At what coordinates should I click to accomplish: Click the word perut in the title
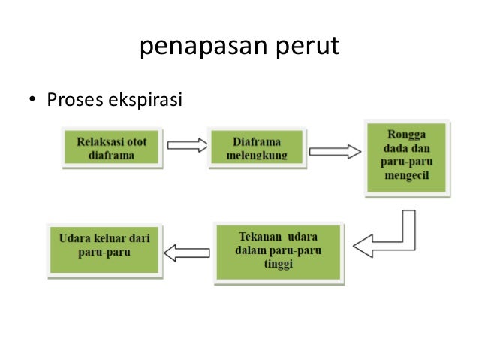click(x=307, y=47)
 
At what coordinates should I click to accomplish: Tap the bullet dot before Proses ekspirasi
click(x=32, y=99)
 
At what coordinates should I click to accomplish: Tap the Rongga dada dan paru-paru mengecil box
click(x=408, y=158)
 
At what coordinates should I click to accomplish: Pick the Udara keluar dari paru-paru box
click(x=104, y=246)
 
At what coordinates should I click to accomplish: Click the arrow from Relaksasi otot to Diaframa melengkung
click(x=186, y=145)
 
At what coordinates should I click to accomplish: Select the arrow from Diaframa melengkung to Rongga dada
click(x=334, y=151)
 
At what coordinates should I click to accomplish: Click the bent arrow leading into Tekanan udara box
click(x=390, y=237)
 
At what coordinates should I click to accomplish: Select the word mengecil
click(x=408, y=180)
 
